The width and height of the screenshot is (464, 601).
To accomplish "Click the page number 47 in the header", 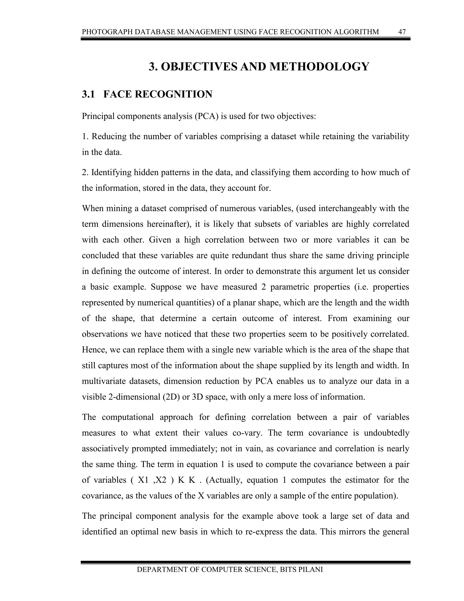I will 402,32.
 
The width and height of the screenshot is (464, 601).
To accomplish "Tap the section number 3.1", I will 88,94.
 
